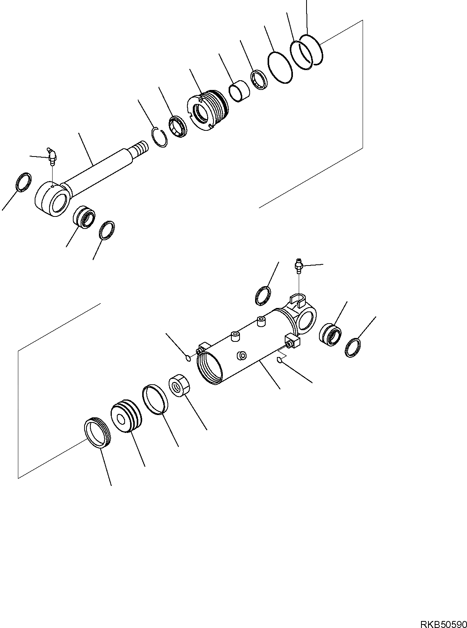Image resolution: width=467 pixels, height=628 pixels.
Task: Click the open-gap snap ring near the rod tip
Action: click(x=159, y=137)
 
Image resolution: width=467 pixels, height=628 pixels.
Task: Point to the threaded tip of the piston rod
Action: click(x=139, y=148)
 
